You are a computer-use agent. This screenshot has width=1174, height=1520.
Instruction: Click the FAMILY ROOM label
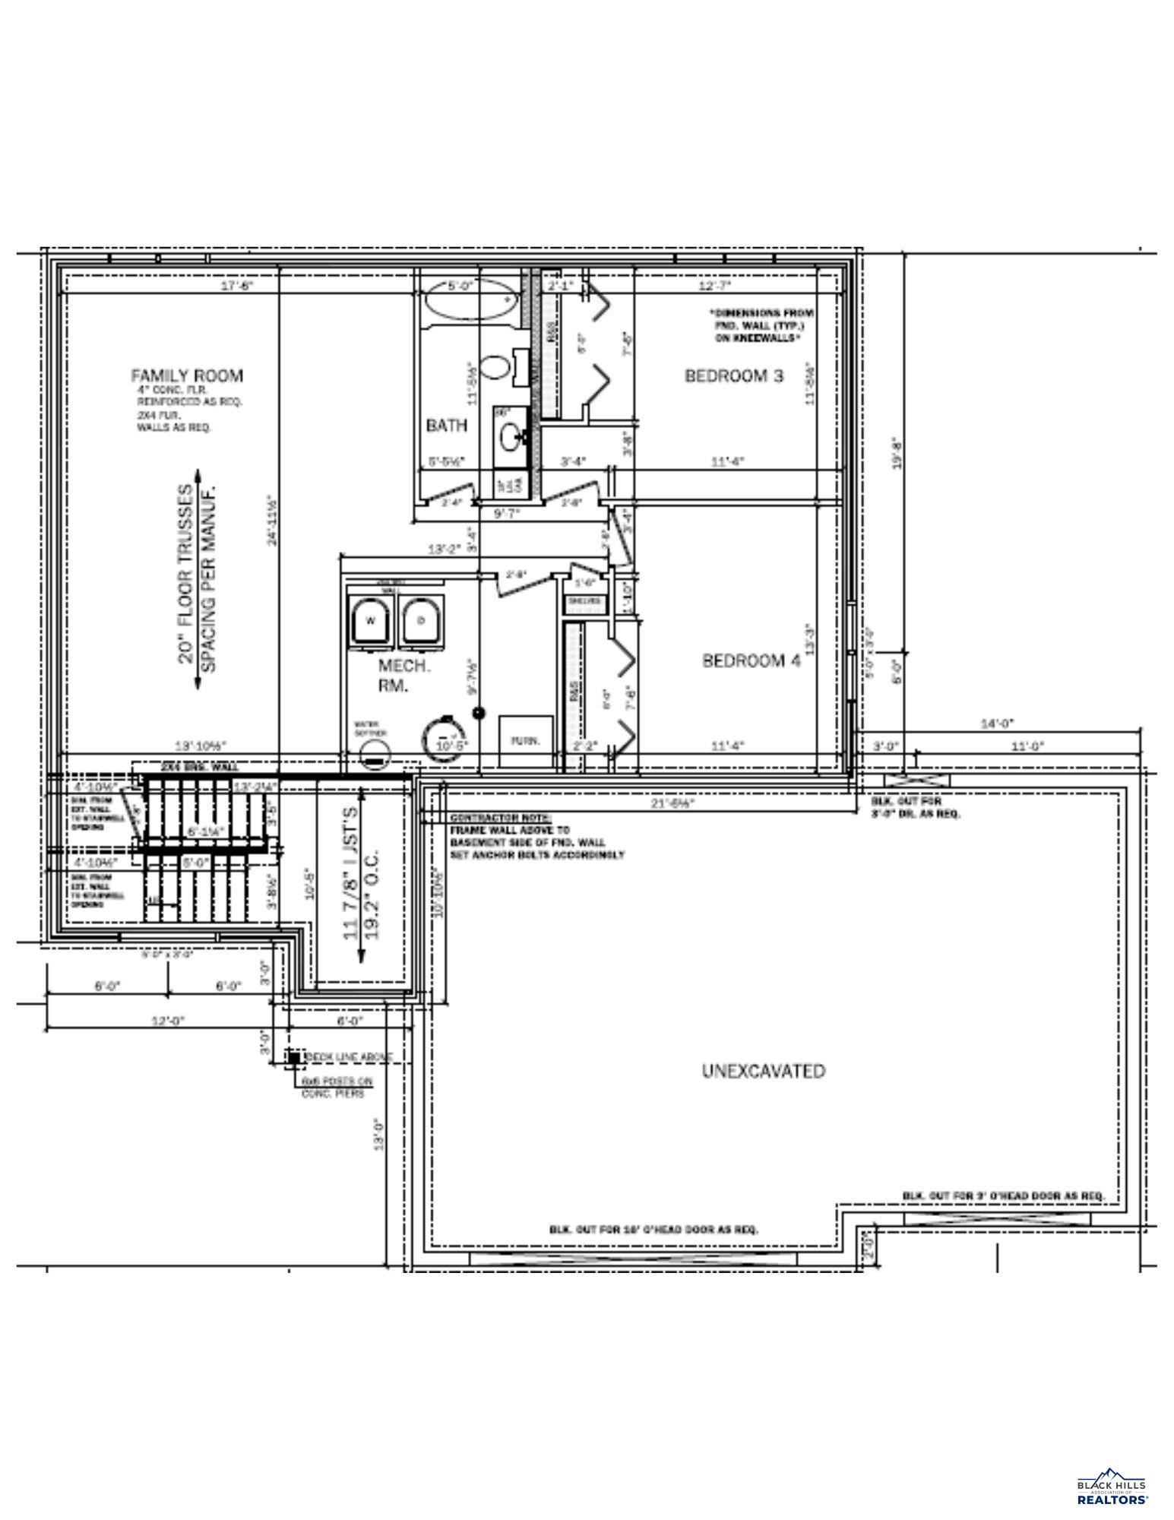[187, 375]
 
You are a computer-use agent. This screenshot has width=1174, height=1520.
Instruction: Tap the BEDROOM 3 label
[733, 375]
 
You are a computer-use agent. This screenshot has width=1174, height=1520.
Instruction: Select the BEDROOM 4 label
[751, 660]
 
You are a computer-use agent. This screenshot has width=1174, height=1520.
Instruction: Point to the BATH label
[447, 426]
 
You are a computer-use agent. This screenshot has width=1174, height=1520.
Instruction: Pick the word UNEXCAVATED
[763, 1071]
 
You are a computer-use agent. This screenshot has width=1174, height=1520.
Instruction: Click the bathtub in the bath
[469, 299]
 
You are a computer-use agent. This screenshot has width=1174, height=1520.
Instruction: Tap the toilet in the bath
[498, 367]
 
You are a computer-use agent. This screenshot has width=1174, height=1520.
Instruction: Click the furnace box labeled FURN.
[526, 740]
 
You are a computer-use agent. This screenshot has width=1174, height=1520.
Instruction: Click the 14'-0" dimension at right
[997, 724]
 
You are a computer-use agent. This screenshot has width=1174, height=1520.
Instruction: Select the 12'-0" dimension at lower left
[168, 1021]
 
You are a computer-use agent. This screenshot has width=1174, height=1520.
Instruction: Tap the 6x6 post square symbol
[293, 1057]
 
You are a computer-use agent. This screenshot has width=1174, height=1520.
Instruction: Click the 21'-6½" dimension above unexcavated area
[673, 802]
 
